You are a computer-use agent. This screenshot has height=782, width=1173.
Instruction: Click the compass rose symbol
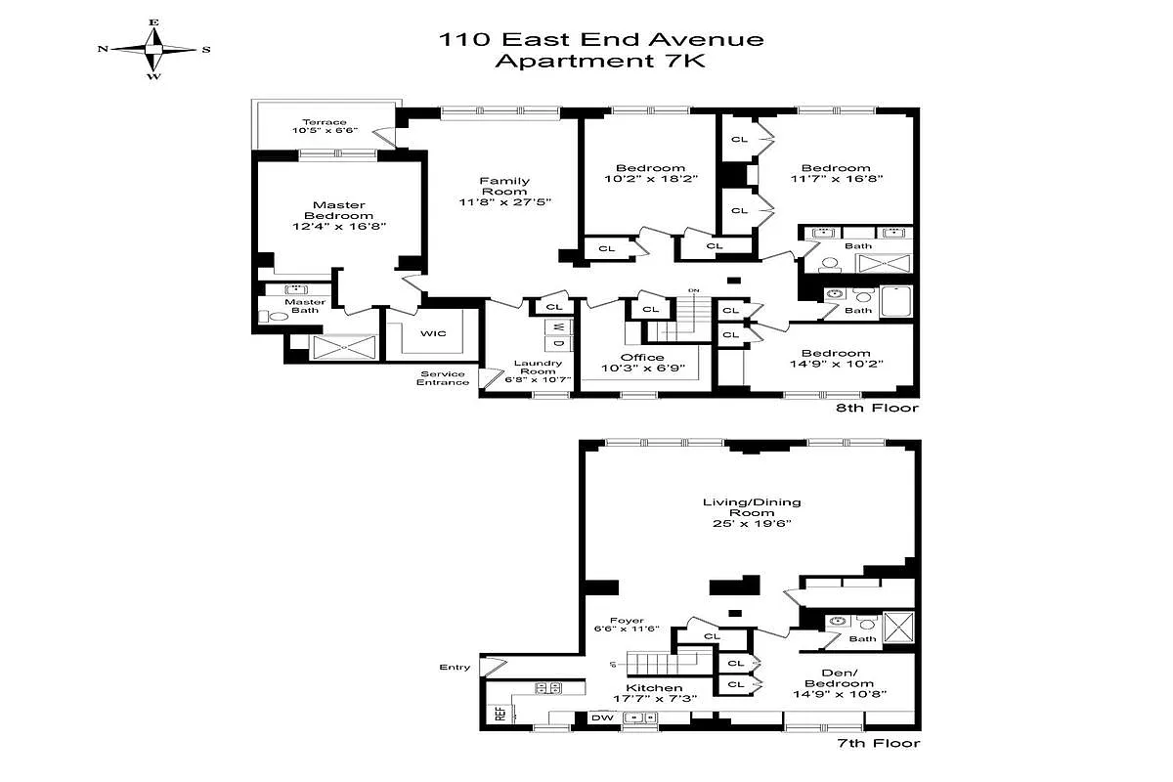(153, 48)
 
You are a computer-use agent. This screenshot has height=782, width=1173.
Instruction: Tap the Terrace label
(324, 122)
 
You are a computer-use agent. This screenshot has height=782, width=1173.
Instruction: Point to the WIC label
(434, 333)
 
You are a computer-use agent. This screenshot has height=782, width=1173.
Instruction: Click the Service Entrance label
(444, 377)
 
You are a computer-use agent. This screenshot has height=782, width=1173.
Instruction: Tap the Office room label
(642, 358)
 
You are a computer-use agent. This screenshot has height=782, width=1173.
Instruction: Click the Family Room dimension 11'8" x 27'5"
(505, 203)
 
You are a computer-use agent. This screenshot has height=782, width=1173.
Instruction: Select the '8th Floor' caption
(877, 408)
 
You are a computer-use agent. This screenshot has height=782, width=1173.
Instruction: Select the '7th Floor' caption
(877, 744)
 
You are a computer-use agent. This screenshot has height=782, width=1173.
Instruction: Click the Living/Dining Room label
(751, 507)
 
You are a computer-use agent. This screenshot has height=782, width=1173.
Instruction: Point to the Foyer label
(626, 620)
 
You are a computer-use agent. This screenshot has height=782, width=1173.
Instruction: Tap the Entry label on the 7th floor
(455, 668)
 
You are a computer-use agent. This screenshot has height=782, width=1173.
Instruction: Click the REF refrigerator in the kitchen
(500, 713)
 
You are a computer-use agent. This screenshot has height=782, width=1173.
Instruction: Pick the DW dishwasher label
(601, 717)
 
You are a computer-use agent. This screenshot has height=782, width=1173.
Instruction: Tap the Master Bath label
(304, 307)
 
